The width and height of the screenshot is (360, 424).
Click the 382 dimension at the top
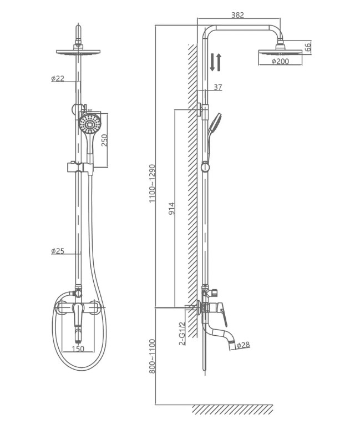238,15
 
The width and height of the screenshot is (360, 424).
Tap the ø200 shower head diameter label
280,62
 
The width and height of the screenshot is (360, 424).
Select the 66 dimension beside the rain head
308,47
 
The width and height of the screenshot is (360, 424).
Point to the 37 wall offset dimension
218,87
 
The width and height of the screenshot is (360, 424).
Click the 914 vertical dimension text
171,209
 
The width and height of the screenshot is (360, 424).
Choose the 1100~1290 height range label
152,183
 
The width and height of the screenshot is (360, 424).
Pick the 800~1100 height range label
152,356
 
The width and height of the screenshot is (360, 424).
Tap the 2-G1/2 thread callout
182,334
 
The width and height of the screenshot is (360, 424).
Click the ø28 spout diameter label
244,345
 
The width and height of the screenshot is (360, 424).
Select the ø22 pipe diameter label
58,78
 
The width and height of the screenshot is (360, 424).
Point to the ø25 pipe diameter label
58,251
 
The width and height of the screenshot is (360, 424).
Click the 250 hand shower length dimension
104,140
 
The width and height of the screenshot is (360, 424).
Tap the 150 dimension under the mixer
78,349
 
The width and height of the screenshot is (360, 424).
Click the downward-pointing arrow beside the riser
212,63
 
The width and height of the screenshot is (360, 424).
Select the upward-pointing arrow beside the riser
219,63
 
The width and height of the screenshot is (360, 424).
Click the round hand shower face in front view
89,124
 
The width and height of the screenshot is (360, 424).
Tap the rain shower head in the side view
280,52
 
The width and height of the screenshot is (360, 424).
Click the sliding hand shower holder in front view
80,168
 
